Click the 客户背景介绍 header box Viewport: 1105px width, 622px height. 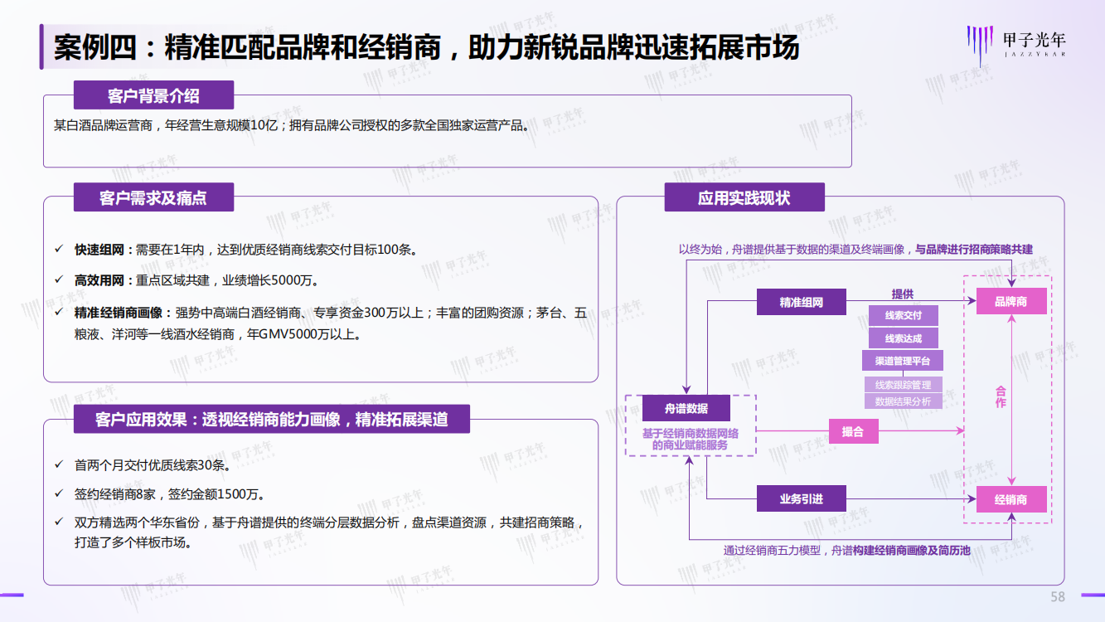153,95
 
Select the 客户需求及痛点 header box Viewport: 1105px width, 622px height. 153,197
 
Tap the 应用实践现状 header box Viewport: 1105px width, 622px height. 744,197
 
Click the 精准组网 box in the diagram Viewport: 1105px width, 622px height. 801,302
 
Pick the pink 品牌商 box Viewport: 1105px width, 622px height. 1011,301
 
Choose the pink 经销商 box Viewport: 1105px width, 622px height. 1011,499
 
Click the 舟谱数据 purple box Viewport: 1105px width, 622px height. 686,408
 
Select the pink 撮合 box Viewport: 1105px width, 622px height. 854,431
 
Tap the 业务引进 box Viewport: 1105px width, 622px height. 801,498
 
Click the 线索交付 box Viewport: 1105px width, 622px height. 904,315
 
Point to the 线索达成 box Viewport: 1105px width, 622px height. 904,338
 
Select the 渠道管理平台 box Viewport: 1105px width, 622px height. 903,361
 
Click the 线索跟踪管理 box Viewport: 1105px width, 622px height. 904,385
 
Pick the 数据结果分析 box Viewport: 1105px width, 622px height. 904,401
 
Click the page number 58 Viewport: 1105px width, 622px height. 1058,597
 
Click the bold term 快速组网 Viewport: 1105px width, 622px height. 99,250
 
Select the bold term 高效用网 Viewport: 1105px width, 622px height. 99,280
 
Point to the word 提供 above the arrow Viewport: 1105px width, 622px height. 903,294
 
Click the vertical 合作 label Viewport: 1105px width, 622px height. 1001,397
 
